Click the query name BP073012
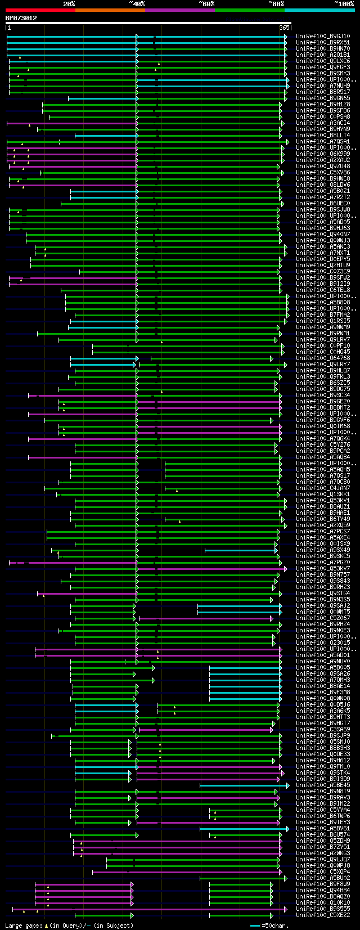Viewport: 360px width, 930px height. pyautogui.click(x=21, y=18)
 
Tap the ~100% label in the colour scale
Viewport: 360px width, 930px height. pyautogui.click(x=344, y=4)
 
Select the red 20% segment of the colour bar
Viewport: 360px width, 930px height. pyautogui.click(x=40, y=10)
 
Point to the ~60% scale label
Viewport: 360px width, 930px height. pyautogui.click(x=206, y=4)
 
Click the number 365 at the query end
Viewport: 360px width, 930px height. pyautogui.click(x=284, y=28)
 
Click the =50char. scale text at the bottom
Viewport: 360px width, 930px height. pyautogui.click(x=275, y=925)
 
